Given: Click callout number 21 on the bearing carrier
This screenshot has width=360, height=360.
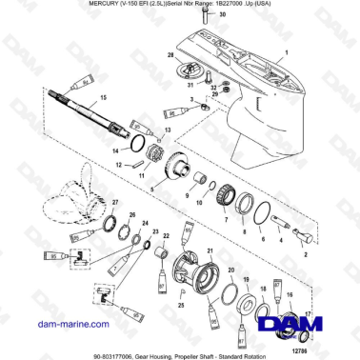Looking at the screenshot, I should click(x=211, y=250).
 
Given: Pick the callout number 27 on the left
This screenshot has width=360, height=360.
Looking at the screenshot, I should click(x=116, y=203).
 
